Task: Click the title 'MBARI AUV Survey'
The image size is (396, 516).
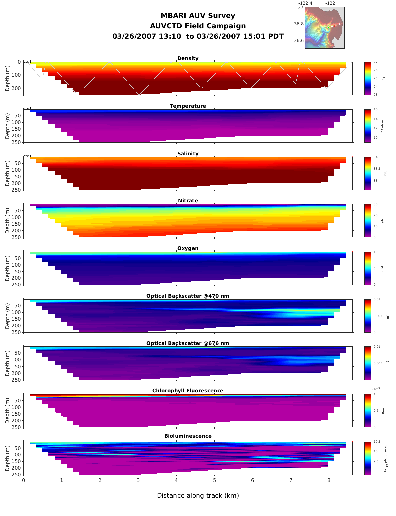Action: pos(198,16)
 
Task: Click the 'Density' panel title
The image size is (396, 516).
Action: pos(188,58)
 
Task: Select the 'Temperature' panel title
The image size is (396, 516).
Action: pos(188,106)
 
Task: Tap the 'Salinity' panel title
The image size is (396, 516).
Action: pos(188,154)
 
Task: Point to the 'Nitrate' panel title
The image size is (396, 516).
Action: pos(188,201)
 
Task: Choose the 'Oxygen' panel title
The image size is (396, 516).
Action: pos(188,248)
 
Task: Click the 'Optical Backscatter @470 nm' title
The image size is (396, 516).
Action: pos(188,296)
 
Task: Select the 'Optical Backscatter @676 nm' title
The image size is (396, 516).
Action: pos(188,343)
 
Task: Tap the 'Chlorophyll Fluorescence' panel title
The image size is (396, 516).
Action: pos(188,391)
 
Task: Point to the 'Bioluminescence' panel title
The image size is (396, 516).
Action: pos(188,436)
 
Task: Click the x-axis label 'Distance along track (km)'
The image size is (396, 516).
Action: pos(198,496)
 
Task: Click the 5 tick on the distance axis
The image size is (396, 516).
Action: pos(214,480)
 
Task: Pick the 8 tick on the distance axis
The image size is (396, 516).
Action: pos(329,480)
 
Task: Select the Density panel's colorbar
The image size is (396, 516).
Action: pos(368,78)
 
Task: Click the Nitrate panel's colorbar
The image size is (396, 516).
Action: pos(368,221)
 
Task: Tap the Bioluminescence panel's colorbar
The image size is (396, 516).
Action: pos(368,458)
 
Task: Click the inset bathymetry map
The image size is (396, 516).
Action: pos(324,28)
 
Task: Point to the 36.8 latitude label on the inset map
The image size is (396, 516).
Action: pos(299,24)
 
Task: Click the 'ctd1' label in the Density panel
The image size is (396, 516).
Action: pos(27,61)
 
